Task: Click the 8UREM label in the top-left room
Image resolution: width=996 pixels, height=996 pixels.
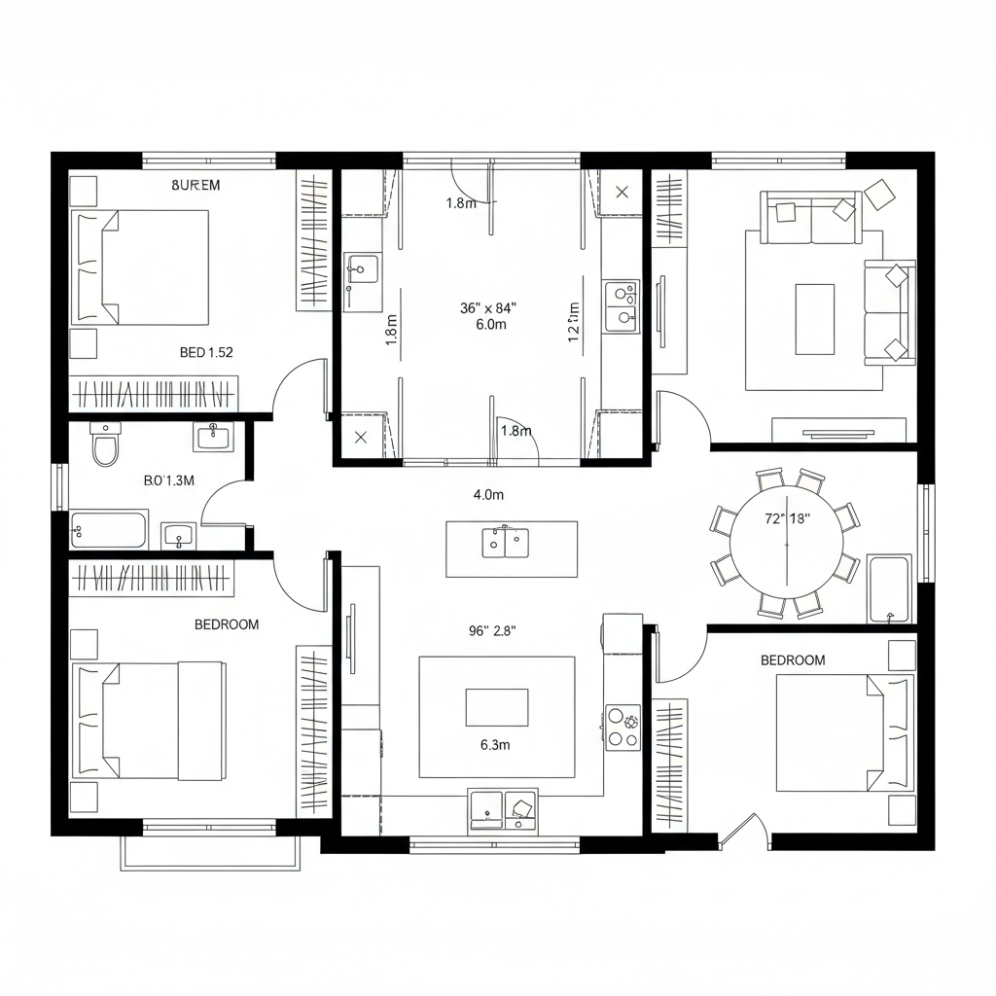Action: click(196, 185)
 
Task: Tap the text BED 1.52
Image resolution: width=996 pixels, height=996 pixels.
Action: click(206, 352)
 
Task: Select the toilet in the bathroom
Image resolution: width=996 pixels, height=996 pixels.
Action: click(104, 445)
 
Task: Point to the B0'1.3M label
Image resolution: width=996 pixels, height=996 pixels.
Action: click(169, 480)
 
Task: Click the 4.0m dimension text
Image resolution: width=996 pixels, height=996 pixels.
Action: click(488, 495)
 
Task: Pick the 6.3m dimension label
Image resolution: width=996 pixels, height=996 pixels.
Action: click(495, 746)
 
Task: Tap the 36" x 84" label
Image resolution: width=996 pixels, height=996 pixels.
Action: click(488, 308)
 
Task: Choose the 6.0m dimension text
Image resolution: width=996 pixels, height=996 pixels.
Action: click(491, 325)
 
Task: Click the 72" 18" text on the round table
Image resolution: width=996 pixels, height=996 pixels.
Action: click(788, 518)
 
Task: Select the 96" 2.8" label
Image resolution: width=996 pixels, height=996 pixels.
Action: click(492, 630)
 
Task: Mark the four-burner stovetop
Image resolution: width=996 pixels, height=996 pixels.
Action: click(622, 728)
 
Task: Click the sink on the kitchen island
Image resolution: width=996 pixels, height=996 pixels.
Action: click(506, 542)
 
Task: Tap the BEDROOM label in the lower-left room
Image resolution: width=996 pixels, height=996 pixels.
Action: click(227, 624)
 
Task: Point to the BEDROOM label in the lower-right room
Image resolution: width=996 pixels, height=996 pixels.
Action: click(792, 660)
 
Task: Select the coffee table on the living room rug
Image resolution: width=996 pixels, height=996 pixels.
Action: click(814, 319)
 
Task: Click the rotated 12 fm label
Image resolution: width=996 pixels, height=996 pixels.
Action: click(574, 322)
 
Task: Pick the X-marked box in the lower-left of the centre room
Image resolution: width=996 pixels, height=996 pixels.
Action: click(361, 437)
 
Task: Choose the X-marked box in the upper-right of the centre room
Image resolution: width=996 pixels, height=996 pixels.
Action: click(622, 192)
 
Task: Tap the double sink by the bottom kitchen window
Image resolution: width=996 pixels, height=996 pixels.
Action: click(502, 810)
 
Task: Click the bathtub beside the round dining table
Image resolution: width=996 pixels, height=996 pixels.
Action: click(888, 589)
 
